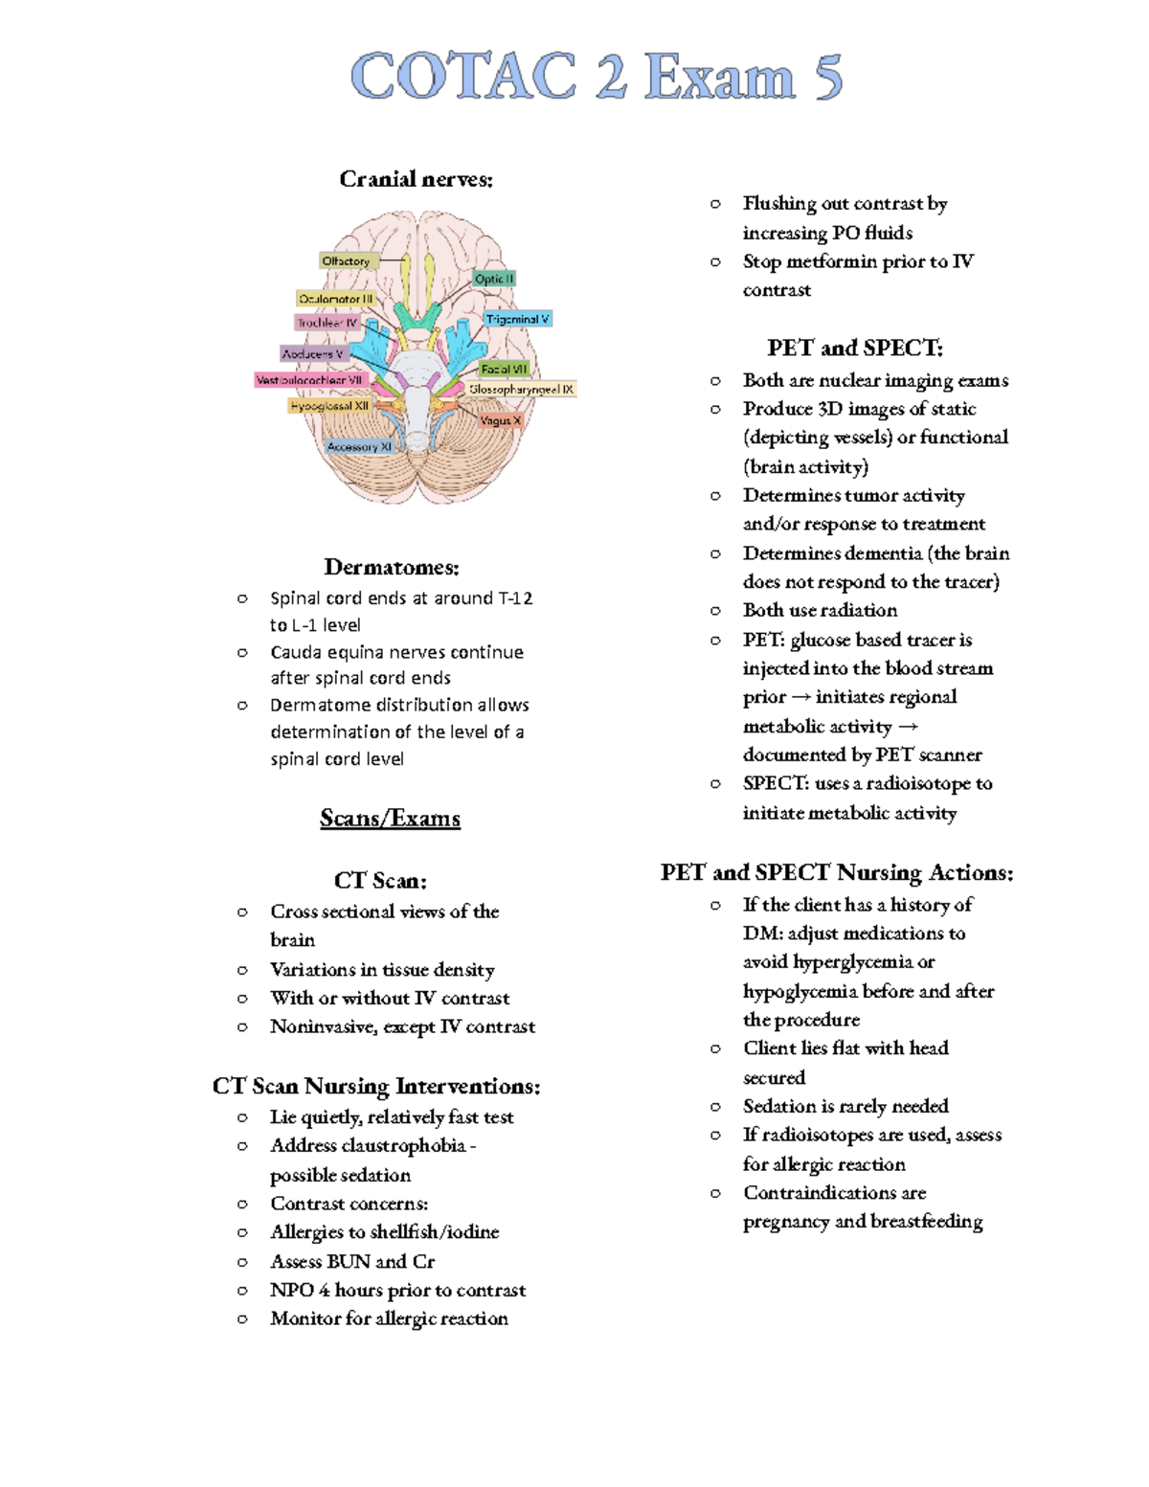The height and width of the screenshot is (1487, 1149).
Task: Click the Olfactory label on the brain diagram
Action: (346, 260)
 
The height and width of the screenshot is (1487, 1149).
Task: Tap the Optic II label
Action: (494, 279)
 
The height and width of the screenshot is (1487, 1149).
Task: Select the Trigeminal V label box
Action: (517, 319)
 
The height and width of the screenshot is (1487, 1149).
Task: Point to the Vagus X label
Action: (501, 420)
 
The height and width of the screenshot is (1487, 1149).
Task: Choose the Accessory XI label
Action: (359, 446)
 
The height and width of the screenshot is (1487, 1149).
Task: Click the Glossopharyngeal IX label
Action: (521, 390)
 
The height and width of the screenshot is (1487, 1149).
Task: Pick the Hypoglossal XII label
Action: (329, 406)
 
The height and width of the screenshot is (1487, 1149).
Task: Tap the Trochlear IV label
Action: (327, 323)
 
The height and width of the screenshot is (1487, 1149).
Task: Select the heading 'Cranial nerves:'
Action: (417, 179)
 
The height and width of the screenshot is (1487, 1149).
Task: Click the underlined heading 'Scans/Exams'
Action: (390, 818)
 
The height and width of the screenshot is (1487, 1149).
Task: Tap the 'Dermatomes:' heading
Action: (392, 567)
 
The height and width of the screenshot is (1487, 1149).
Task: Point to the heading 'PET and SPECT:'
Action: (855, 348)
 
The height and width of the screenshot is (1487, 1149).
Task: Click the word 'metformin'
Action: (831, 261)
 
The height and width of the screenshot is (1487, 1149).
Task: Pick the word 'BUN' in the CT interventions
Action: (349, 1261)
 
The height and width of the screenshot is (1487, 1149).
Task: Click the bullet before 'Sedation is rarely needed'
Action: (715, 1107)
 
